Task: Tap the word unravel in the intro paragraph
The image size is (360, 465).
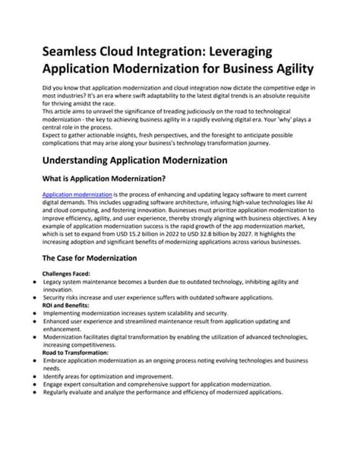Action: coord(116,112)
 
